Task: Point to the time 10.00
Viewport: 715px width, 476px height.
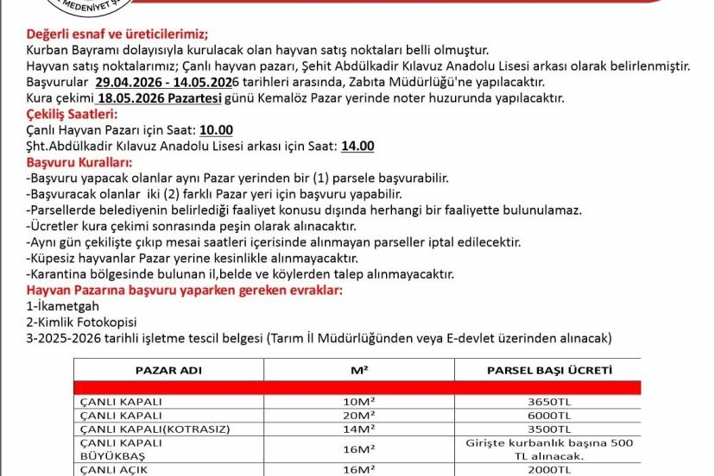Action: point(216,130)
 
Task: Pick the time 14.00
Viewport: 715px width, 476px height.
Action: point(357,147)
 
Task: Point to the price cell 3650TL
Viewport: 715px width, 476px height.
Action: point(550,401)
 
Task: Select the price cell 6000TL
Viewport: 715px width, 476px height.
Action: point(550,415)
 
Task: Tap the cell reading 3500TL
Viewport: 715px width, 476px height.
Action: point(550,429)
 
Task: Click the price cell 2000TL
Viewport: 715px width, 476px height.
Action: point(550,471)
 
